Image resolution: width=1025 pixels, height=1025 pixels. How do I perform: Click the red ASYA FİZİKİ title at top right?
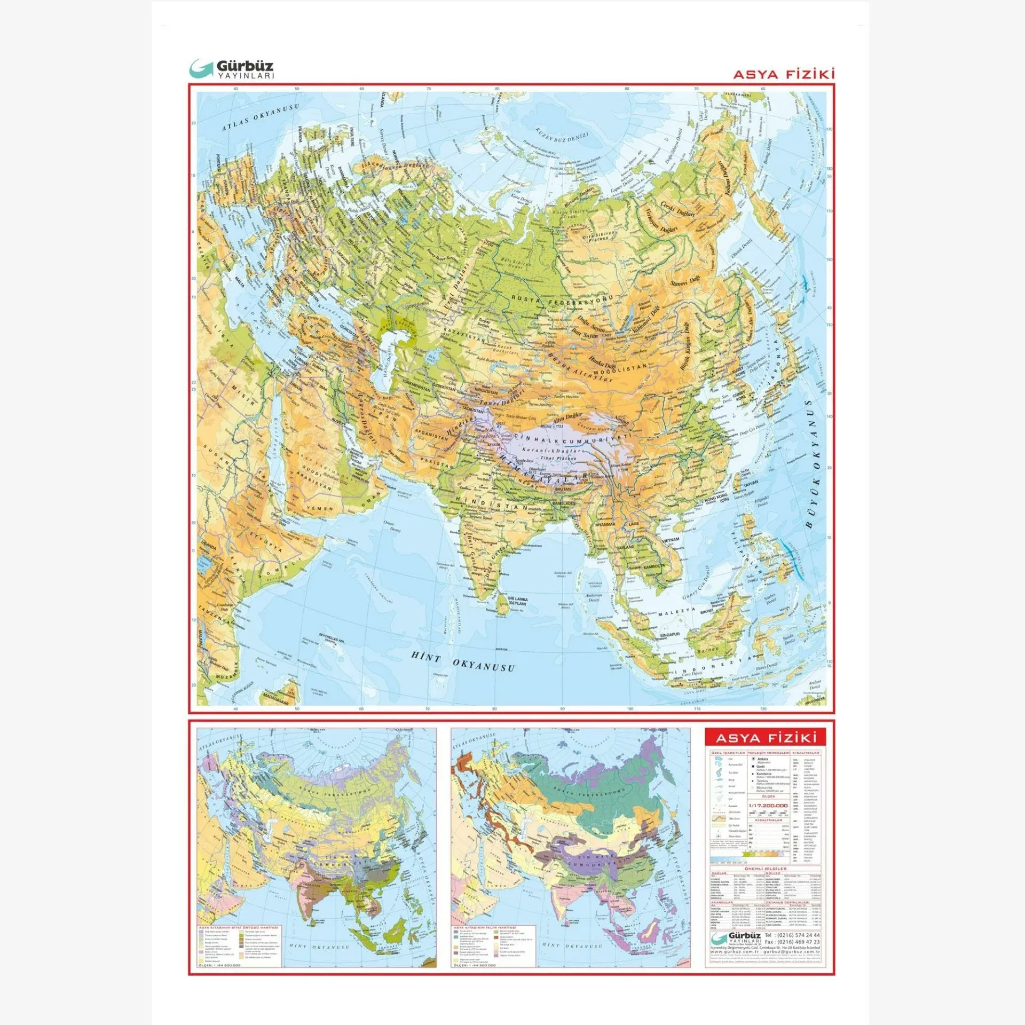783,74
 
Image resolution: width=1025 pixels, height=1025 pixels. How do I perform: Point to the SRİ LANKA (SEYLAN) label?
517,601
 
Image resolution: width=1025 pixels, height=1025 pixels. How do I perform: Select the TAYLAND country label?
626,547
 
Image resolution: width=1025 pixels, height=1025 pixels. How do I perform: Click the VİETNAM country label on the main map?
671,540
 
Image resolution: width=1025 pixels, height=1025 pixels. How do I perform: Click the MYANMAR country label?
605,524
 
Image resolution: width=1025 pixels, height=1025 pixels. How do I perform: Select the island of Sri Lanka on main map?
503,605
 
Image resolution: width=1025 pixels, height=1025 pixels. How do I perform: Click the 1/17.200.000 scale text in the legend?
768,806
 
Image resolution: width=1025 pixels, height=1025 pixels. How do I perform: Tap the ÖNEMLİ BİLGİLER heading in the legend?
765,869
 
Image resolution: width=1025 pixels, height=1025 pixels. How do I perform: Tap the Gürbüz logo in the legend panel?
736,938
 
